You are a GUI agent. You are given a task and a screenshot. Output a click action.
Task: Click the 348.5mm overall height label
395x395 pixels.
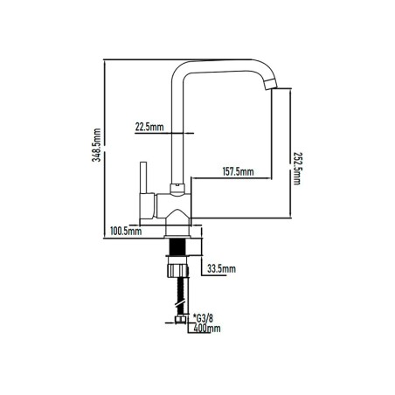coord(96,145)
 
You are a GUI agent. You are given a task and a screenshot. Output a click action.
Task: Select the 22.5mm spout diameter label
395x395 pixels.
coord(149,127)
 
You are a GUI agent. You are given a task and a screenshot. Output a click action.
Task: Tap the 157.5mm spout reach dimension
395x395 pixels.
coord(238,171)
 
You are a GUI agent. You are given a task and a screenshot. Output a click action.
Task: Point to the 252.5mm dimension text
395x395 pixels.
coord(297,169)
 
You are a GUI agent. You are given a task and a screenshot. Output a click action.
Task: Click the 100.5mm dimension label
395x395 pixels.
coord(126,232)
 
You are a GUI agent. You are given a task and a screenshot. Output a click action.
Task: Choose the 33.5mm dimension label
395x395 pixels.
coord(221,268)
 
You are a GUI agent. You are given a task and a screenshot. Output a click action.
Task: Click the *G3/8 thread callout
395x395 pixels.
coord(203,318)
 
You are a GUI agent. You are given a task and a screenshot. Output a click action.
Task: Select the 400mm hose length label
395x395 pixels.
coord(207,329)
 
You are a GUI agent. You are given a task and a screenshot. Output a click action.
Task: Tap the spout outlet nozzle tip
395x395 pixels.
coord(271,84)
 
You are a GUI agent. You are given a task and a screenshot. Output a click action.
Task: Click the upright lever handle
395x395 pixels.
coord(143,177)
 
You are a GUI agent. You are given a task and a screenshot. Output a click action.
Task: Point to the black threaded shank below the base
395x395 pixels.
coord(177,247)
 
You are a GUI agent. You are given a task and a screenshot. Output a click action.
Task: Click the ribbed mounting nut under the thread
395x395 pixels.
coord(177,271)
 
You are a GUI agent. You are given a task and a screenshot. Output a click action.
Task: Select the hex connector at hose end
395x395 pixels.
coord(181,320)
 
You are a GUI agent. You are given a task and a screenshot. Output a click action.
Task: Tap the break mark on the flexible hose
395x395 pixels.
coord(181,304)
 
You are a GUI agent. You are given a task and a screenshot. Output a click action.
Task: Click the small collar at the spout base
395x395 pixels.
coord(177,189)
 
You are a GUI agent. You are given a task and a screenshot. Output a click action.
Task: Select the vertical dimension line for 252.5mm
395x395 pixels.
coord(290,153)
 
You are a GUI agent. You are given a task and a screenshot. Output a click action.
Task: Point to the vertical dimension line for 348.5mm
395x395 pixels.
coord(104,149)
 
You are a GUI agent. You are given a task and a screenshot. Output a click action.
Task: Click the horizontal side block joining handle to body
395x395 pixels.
coord(147,206)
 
